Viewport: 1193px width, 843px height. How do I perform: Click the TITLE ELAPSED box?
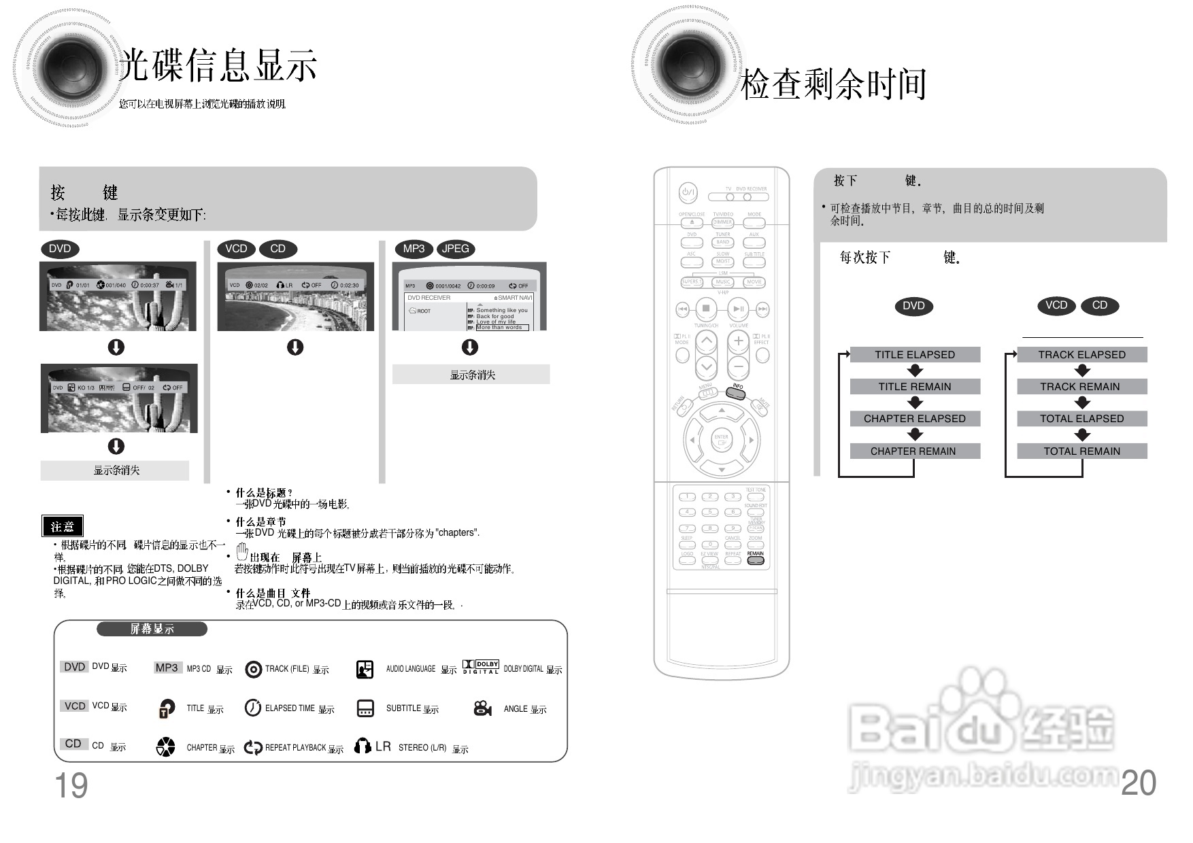point(915,354)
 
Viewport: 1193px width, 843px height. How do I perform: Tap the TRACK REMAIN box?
point(1081,386)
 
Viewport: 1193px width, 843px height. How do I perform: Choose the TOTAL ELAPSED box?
point(1081,418)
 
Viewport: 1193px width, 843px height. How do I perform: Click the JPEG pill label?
point(455,249)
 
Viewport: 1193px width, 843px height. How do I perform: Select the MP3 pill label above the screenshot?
point(414,249)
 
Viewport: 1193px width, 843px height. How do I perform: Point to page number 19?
point(71,785)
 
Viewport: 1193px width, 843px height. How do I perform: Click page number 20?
point(1138,782)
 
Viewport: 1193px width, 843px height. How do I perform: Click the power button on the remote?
point(688,193)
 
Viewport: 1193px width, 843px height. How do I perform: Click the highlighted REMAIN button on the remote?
point(755,561)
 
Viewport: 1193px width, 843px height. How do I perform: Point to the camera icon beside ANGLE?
point(482,708)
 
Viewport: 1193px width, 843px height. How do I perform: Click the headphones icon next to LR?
point(363,746)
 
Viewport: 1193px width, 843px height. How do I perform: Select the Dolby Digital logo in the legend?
point(481,667)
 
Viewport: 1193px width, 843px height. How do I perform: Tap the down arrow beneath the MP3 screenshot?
point(470,347)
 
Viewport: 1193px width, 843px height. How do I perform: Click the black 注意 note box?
point(63,526)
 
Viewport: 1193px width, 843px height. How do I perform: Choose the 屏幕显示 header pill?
point(152,629)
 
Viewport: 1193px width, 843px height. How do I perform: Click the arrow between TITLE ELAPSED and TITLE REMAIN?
point(915,371)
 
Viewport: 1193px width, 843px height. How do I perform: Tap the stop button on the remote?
point(706,309)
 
